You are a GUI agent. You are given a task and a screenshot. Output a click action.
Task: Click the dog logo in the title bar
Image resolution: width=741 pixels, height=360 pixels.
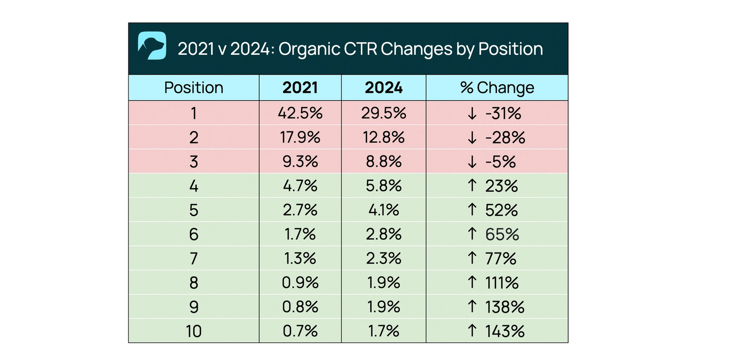pos(152,46)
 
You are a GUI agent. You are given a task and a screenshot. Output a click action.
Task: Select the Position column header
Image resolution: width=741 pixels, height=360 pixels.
pos(194,88)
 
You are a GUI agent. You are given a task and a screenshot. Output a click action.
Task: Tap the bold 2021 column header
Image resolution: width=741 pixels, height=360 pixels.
pos(300,88)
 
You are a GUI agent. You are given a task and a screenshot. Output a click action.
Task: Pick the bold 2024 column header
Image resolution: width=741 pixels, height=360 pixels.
pos(383,88)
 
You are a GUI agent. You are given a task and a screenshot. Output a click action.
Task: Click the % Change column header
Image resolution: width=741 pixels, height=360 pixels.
pos(497,88)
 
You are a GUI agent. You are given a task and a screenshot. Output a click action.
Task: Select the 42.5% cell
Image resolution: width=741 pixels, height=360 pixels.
pos(300,114)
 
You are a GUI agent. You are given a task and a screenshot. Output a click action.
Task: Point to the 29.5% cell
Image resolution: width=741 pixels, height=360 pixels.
pos(383,114)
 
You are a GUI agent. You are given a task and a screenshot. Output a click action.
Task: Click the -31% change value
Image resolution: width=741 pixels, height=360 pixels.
pos(503,114)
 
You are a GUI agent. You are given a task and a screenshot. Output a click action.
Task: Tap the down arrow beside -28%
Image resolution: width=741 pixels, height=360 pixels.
pos(472,138)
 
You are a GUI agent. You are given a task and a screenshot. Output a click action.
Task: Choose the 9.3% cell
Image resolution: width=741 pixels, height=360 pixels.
pos(300,162)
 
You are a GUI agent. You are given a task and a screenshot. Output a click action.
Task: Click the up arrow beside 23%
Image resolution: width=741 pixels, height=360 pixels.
pos(472,186)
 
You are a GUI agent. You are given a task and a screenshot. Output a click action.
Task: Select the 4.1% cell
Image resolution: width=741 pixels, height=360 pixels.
pos(383,210)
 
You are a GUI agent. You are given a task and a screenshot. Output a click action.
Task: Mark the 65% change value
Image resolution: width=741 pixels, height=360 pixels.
pos(502,235)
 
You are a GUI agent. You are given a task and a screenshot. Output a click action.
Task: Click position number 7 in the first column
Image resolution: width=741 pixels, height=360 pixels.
pos(194,259)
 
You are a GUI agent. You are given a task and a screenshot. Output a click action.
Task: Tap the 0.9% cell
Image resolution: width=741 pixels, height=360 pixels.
pos(300,283)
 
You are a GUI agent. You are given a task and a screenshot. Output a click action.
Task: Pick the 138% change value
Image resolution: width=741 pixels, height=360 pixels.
pos(504,307)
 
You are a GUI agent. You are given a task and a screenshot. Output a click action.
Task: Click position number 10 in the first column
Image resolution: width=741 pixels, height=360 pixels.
pos(194,331)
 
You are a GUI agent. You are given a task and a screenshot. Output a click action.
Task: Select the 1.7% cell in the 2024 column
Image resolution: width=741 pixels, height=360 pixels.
pos(383,331)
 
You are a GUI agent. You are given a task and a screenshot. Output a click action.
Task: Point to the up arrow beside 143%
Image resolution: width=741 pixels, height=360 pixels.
pos(472,330)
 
